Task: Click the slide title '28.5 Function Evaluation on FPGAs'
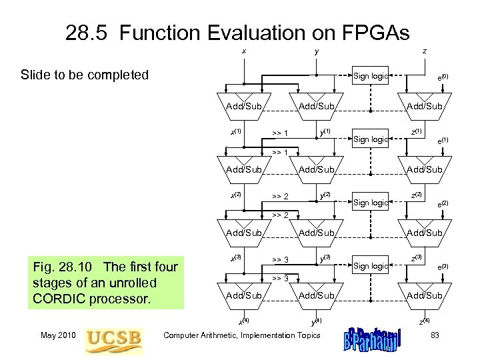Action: [238, 33]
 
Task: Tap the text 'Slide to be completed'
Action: [85, 75]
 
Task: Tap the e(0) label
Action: [442, 78]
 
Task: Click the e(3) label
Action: [442, 267]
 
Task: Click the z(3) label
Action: [418, 258]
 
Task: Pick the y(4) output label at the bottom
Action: [318, 321]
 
